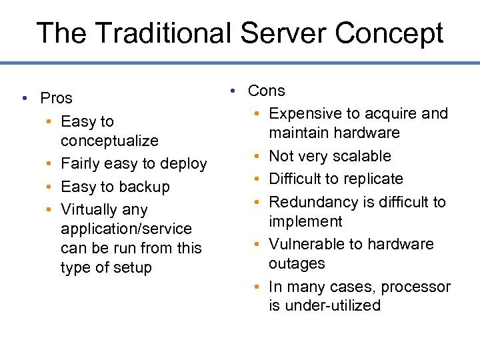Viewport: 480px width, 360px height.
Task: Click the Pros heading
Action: (x=56, y=98)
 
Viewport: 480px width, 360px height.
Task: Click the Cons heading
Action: (x=266, y=91)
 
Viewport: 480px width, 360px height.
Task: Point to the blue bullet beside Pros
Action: (x=24, y=99)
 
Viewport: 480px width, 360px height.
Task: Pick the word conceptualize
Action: (x=109, y=141)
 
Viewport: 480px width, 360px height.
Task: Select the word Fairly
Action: (x=81, y=163)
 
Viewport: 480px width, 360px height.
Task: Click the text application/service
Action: (x=126, y=229)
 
